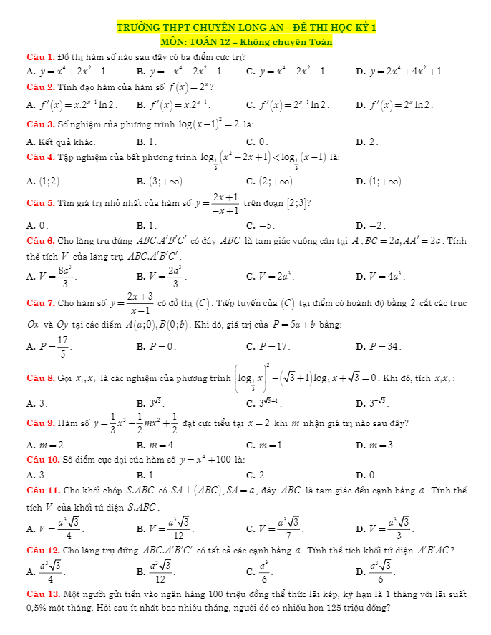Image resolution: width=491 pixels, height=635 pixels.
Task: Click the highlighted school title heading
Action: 245,28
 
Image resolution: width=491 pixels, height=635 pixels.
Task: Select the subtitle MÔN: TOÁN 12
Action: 245,42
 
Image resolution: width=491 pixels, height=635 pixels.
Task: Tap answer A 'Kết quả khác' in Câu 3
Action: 54,142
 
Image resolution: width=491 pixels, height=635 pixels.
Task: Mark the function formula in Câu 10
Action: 205,458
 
